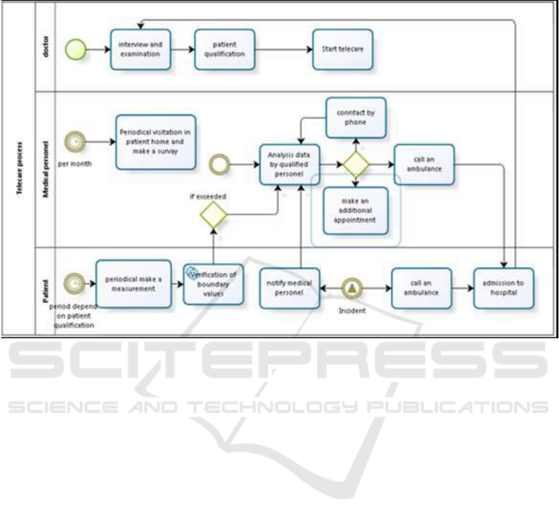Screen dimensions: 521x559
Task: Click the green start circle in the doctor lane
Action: pos(76,50)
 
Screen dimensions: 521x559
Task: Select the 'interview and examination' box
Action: pos(140,50)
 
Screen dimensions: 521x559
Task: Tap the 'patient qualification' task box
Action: pos(225,50)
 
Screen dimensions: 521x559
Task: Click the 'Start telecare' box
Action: pos(342,50)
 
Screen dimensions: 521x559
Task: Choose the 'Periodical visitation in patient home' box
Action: pos(156,142)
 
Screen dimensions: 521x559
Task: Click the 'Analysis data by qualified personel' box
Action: pos(289,164)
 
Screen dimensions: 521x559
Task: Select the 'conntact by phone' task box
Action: pos(356,118)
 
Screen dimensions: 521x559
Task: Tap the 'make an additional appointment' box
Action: pos(356,211)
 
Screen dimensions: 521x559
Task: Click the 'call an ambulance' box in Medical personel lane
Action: pos(424,164)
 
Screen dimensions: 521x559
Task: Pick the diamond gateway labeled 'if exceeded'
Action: pos(214,216)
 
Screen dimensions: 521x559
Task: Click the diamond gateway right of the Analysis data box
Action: pos(356,164)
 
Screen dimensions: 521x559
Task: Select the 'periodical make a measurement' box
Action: pos(133,284)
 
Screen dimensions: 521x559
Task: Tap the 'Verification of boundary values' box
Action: pos(213,284)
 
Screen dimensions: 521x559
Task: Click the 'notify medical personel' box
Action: pos(289,287)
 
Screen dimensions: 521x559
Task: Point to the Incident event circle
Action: pos(352,287)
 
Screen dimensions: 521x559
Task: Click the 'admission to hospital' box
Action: pos(503,287)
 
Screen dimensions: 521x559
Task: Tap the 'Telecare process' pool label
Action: pos(20,167)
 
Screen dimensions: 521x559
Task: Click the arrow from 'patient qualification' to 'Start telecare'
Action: pos(284,50)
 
